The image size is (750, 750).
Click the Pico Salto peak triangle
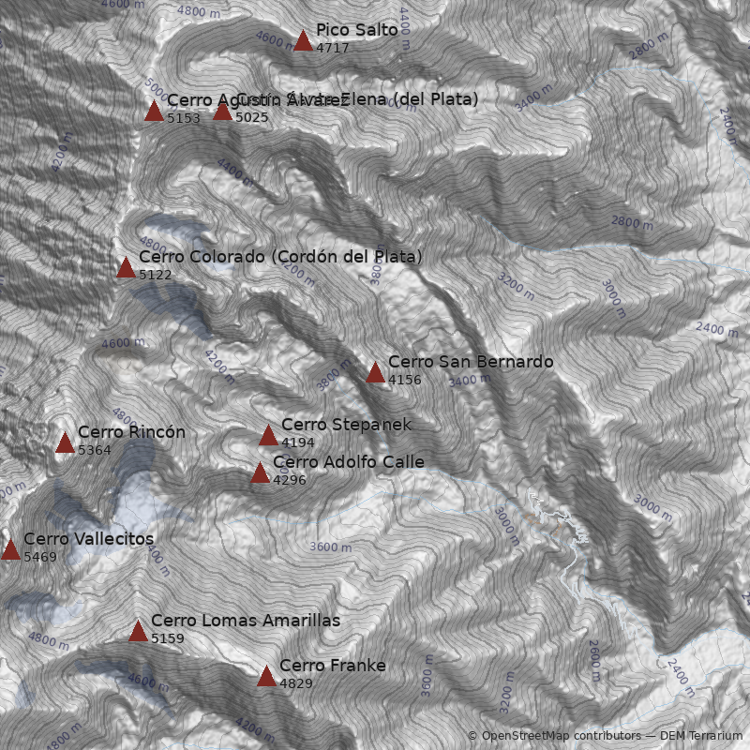pos(303,40)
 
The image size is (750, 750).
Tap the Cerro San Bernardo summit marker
pos(375,372)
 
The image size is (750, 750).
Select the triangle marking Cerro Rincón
pos(65,442)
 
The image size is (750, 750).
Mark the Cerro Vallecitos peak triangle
pos(10,549)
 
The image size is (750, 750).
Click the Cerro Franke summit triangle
pos(266,676)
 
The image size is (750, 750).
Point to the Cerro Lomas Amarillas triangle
pos(138,631)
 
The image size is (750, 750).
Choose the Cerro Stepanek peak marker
pos(268,435)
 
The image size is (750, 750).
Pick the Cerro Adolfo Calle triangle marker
pos(260,472)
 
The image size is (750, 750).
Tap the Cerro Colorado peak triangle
pos(126,267)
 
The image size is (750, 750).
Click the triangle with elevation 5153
pos(154,111)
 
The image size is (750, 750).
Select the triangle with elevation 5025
pos(222,111)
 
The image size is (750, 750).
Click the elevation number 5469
pos(40,558)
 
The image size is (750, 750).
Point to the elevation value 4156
pos(405,381)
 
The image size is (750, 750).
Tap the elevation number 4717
pos(333,48)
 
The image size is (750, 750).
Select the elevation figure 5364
pos(95,451)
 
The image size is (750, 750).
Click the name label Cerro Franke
pos(333,666)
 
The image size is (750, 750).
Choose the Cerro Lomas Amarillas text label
pos(246,621)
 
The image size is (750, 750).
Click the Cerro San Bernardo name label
pos(471,362)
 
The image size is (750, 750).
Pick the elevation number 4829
pos(296,684)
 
